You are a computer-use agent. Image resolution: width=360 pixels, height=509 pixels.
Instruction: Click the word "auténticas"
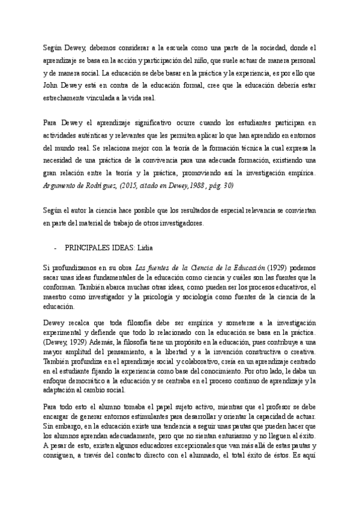click(90, 136)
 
